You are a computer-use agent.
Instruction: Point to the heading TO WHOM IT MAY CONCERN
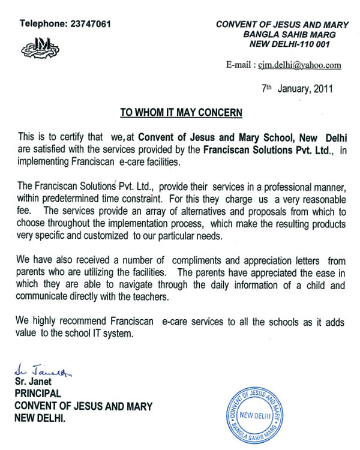(x=181, y=112)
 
